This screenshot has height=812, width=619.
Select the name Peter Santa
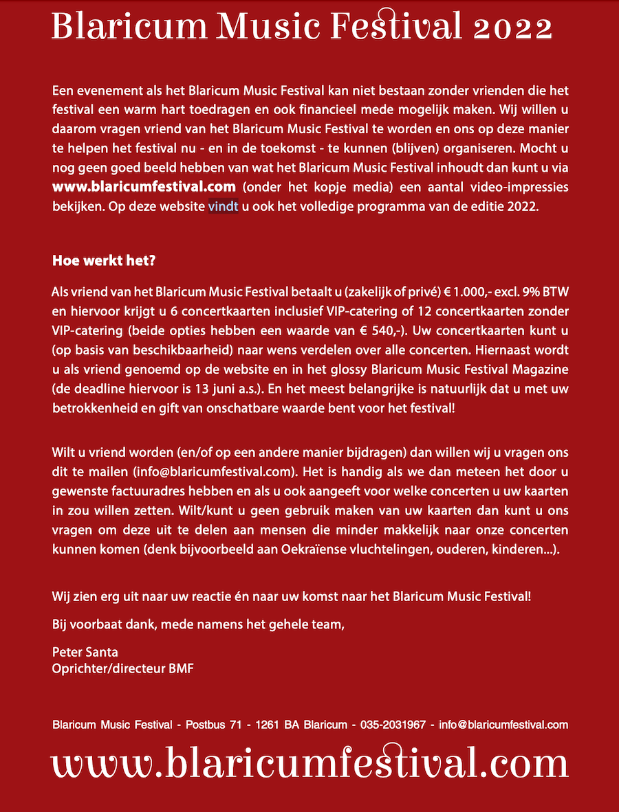tap(85, 652)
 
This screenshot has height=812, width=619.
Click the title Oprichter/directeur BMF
tap(122, 668)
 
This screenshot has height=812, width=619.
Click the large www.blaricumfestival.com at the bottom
tap(309, 763)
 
